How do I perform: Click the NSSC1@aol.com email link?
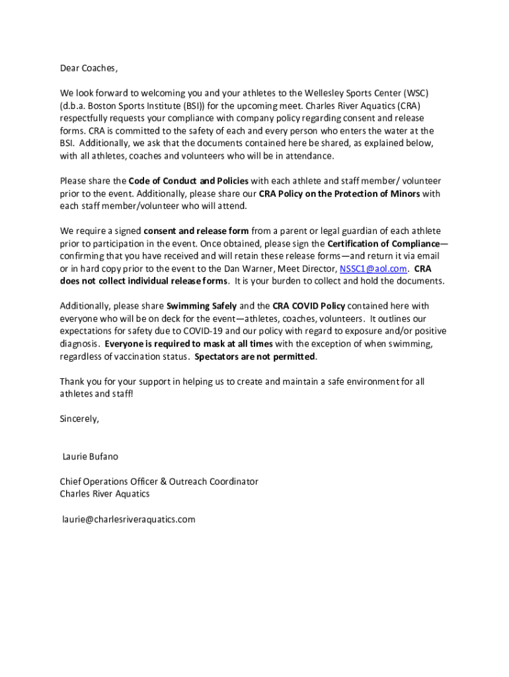coord(373,268)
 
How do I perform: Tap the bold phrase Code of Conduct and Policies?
coord(188,180)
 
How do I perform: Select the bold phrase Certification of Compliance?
coord(383,243)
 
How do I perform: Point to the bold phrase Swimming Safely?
coord(201,306)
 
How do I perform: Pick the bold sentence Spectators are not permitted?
coord(255,356)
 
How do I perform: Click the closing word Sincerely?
coord(79,418)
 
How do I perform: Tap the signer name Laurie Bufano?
coord(91,456)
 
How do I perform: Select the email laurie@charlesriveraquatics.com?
coord(129,519)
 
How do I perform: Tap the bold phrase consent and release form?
coord(196,231)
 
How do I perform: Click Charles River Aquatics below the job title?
coord(104,494)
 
